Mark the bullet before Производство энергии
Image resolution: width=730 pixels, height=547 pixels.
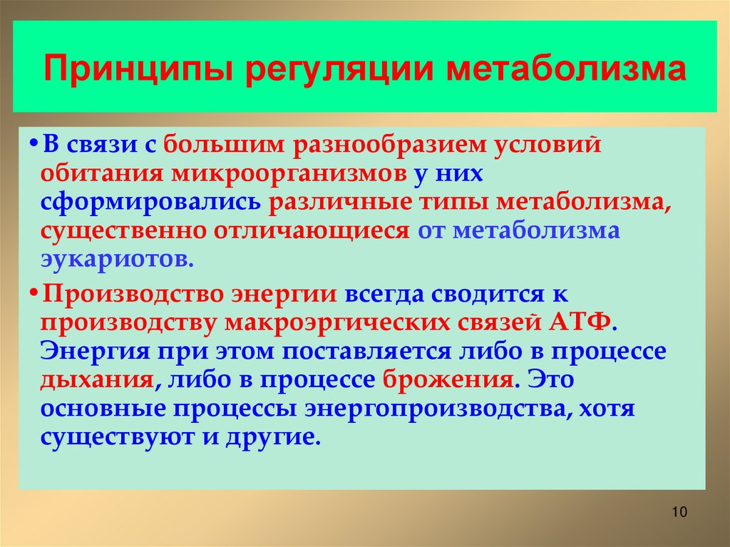click(34, 293)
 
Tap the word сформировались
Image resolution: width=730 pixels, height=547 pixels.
click(151, 202)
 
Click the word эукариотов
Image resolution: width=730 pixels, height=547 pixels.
click(115, 259)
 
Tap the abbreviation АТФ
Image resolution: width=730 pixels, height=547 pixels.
click(580, 322)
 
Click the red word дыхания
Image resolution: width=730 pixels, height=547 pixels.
click(97, 379)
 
